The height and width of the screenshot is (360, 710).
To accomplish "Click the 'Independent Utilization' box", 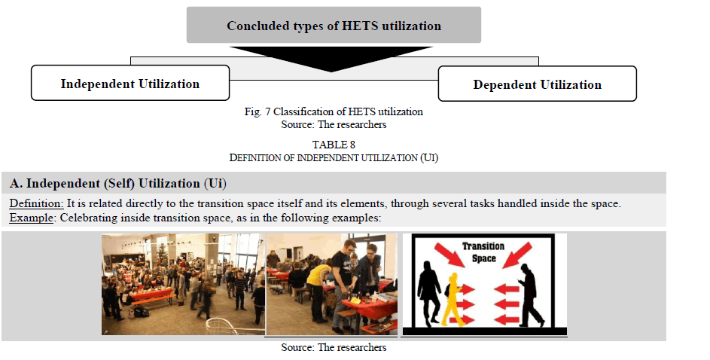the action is (x=130, y=83).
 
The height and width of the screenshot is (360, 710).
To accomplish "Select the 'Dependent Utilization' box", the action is (x=537, y=84).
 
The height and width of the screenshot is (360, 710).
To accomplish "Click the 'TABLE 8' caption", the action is (x=334, y=145).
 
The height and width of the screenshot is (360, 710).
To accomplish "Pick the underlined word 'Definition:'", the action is (x=36, y=203).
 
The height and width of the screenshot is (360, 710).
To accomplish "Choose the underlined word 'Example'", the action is (x=31, y=218).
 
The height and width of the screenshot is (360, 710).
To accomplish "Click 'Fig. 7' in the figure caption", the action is (x=257, y=111).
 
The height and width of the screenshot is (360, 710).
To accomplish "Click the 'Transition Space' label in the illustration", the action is (x=483, y=252).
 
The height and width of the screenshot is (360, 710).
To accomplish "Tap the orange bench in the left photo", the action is (x=153, y=301).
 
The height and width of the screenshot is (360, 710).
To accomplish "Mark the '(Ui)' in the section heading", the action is (x=215, y=184).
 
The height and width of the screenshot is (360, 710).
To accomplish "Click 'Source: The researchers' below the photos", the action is (x=334, y=347).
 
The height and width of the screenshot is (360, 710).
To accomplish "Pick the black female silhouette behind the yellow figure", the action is (x=428, y=293).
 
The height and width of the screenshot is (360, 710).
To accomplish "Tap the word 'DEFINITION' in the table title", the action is (x=255, y=157).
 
